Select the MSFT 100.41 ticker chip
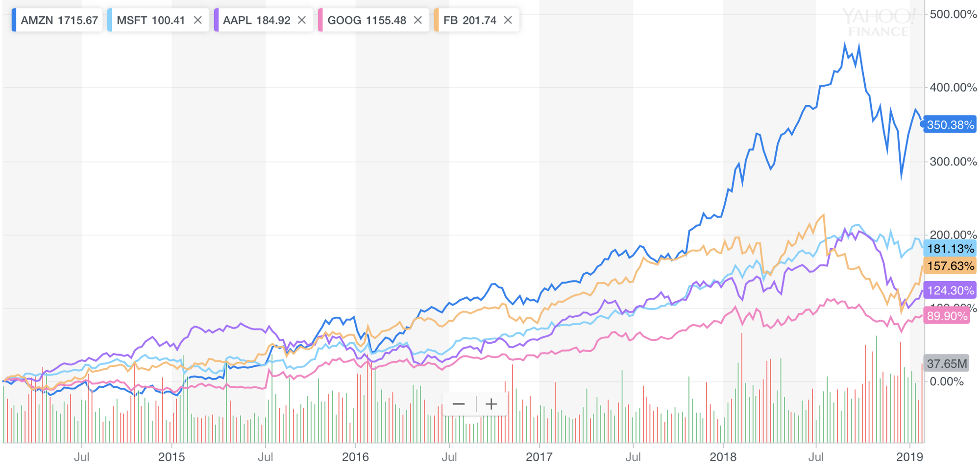tap(150, 20)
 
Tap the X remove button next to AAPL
tap(302, 20)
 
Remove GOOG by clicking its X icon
tap(418, 20)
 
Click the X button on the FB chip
tap(508, 20)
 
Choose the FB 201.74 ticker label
tap(469, 20)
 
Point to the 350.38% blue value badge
tap(950, 125)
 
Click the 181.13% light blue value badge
tap(950, 249)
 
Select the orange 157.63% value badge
tap(950, 266)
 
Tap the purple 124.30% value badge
tap(950, 290)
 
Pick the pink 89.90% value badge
tap(947, 316)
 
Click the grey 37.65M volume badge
tap(946, 363)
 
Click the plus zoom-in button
tap(491, 404)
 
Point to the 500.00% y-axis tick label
tap(953, 14)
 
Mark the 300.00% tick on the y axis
tap(953, 162)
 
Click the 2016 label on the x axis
tap(355, 457)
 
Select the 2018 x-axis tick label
tap(723, 457)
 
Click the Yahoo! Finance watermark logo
tap(879, 23)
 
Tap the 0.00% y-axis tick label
tap(946, 381)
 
